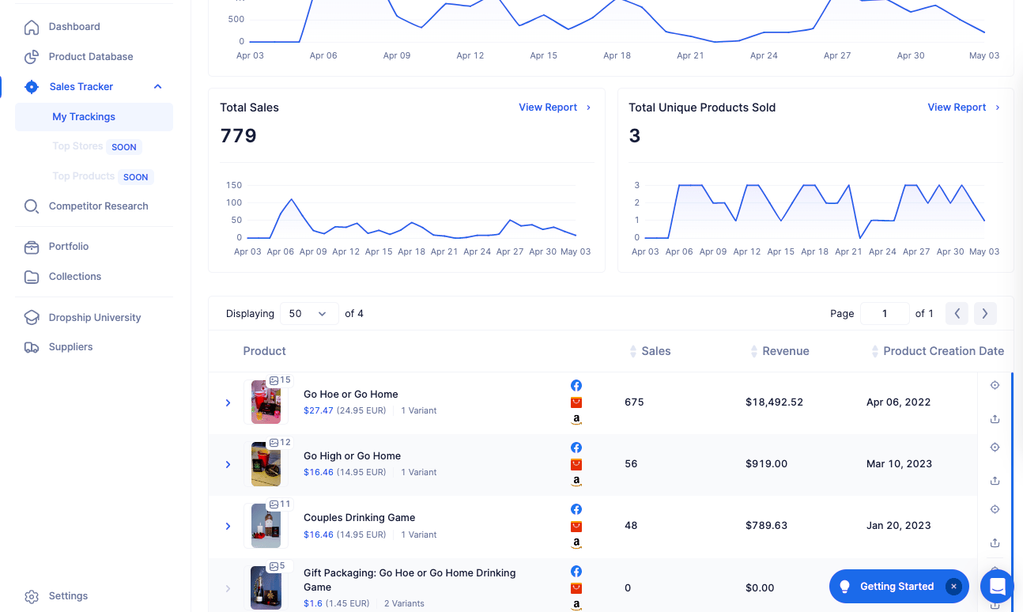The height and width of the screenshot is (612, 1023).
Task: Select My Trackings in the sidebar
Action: tap(84, 117)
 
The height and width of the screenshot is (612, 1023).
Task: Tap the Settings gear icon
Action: tap(32, 596)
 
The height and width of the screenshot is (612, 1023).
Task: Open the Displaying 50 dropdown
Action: tap(309, 314)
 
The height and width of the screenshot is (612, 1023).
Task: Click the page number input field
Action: tap(885, 314)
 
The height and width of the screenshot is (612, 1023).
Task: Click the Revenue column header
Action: tap(786, 351)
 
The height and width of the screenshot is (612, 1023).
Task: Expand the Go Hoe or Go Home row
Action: tap(228, 402)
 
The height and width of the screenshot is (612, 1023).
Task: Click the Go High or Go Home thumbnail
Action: tap(266, 464)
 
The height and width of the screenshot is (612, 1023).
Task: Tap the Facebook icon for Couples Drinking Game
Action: tap(576, 509)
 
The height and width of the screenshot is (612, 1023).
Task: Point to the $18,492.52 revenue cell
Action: tap(774, 402)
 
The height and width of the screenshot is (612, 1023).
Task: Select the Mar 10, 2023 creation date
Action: tap(899, 463)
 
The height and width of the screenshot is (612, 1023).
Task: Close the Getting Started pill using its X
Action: tap(953, 587)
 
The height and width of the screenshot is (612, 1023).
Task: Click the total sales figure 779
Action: tap(239, 136)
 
